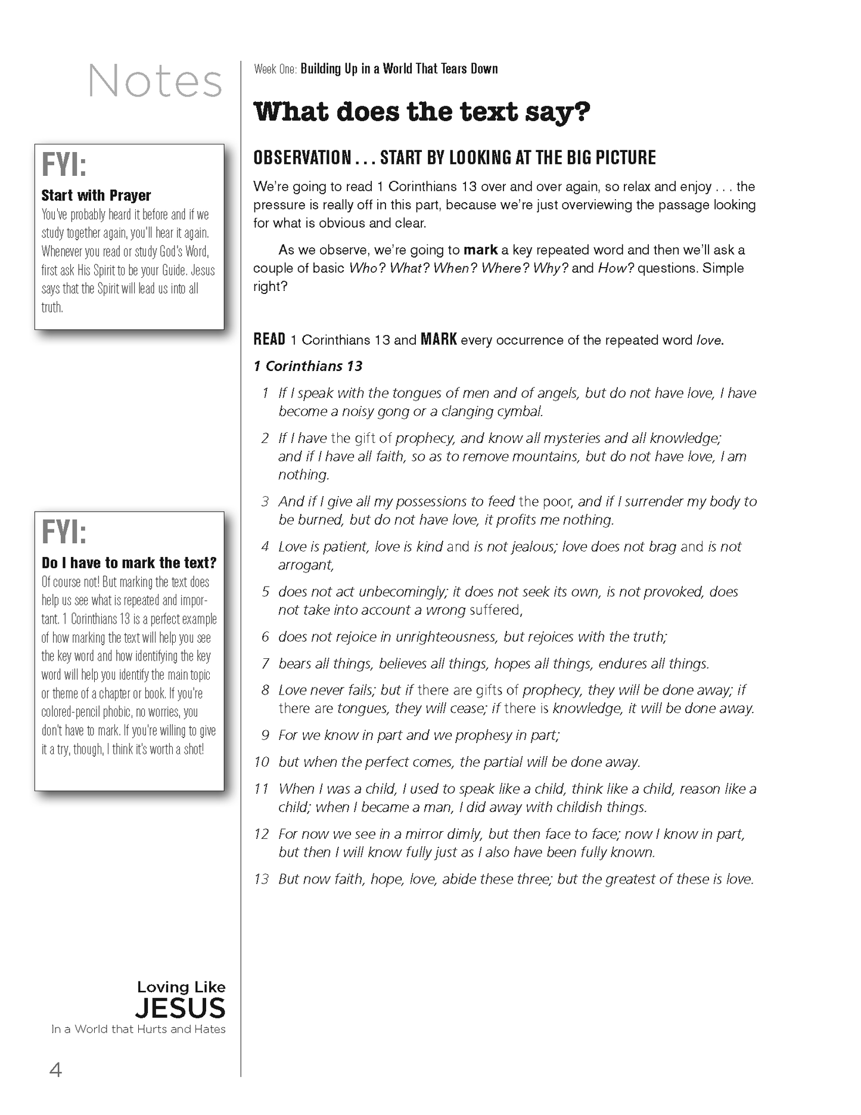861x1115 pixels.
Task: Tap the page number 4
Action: (x=55, y=1070)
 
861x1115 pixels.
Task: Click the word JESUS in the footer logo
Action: (x=180, y=1008)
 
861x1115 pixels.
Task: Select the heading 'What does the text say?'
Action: (x=422, y=112)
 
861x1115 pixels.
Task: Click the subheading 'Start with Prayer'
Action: (x=96, y=196)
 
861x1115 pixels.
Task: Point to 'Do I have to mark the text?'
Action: (x=129, y=563)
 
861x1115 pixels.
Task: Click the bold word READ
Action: (x=269, y=340)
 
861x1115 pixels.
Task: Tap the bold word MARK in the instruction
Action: (x=439, y=340)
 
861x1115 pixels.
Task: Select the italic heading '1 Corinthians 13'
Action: (x=308, y=366)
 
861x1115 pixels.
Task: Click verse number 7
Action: (x=266, y=664)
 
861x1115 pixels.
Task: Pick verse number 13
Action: (x=262, y=879)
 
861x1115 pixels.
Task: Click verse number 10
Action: (x=262, y=762)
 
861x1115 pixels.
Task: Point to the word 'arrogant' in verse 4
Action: (x=306, y=565)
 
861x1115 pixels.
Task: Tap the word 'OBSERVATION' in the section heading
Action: (x=302, y=158)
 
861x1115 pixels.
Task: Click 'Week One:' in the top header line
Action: (x=275, y=69)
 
